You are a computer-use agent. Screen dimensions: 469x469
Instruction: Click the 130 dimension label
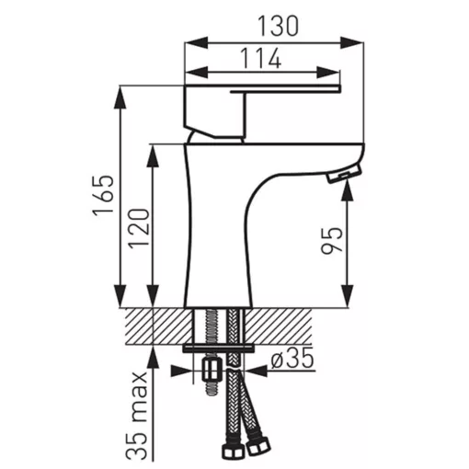coord(278,26)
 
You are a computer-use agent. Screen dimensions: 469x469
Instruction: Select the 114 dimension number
coord(260,58)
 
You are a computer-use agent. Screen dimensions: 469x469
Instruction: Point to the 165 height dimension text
coord(104,196)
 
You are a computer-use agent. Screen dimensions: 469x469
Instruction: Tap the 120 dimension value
coord(138,228)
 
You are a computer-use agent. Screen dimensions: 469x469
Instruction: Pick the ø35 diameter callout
coord(292,358)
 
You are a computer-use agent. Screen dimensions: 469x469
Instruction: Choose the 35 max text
coord(137,416)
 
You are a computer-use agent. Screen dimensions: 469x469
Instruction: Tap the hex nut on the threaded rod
coord(212,370)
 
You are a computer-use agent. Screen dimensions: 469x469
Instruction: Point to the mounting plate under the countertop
coord(219,349)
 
